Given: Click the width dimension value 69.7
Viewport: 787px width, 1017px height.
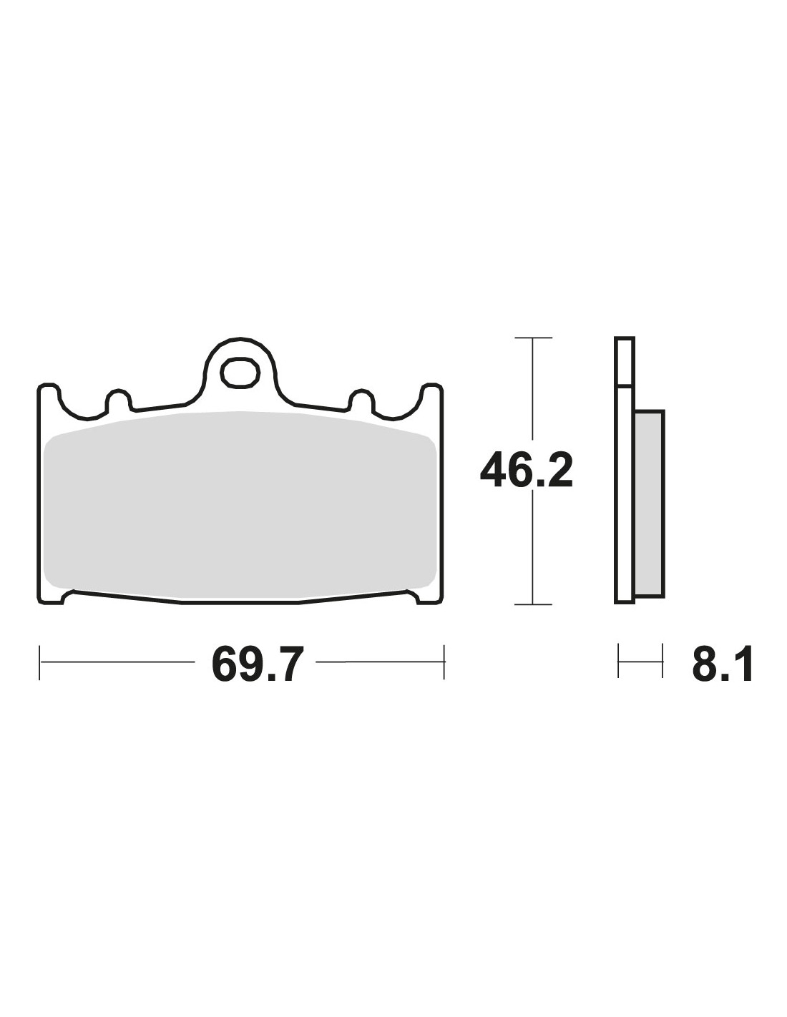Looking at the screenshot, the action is click(x=255, y=663).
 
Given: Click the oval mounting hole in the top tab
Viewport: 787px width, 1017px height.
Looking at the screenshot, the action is click(x=240, y=373).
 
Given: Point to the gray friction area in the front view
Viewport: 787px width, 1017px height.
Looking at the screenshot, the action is click(x=240, y=506).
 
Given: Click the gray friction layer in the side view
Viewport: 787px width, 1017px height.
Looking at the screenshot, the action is click(x=650, y=504).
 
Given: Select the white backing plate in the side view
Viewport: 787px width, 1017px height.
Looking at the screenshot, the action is click(x=624, y=471).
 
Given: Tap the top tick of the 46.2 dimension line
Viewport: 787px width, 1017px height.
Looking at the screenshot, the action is click(x=533, y=338).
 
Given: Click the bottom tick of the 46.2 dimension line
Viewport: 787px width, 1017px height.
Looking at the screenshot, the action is click(x=533, y=604).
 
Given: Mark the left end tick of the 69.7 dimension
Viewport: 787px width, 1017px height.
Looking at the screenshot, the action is click(x=40, y=662).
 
